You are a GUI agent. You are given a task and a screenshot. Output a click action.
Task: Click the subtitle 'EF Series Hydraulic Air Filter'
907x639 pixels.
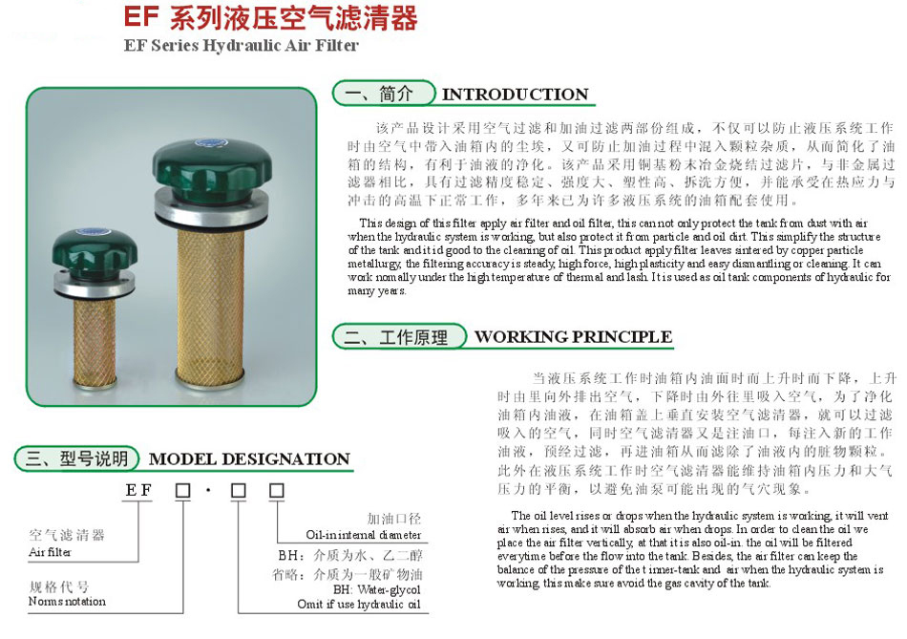pyautogui.click(x=242, y=45)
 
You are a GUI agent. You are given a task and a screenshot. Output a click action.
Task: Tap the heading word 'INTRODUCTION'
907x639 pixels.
pyautogui.click(x=515, y=95)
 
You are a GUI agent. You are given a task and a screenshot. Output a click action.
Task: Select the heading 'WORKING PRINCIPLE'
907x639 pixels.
pyautogui.click(x=573, y=337)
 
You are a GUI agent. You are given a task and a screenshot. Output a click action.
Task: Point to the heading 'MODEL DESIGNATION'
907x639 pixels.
pyautogui.click(x=249, y=459)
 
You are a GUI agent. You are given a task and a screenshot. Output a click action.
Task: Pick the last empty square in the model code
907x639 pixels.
pyautogui.click(x=276, y=491)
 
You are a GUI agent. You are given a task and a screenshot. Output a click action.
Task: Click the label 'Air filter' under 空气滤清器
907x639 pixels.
pyautogui.click(x=50, y=552)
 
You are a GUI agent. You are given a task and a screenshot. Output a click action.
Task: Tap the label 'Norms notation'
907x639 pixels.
pyautogui.click(x=67, y=601)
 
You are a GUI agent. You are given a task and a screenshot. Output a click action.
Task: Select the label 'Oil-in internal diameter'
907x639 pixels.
pyautogui.click(x=363, y=536)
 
